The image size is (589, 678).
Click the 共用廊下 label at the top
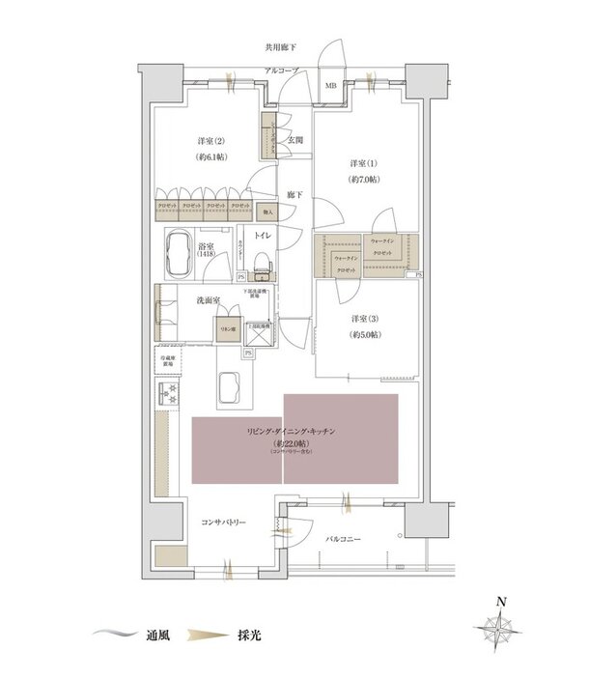[x=281, y=46]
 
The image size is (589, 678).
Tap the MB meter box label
[x=331, y=85]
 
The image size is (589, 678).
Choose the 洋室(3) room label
[x=364, y=321]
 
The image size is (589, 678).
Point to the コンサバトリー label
[x=223, y=523]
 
